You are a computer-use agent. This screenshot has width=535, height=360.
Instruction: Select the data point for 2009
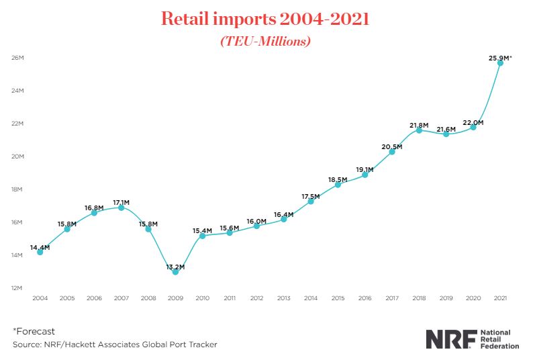click(x=175, y=272)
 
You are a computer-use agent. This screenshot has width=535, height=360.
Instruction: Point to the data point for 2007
click(x=121, y=208)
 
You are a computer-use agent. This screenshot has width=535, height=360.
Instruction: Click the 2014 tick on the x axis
click(x=311, y=297)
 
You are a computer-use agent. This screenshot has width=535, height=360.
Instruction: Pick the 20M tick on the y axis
click(x=17, y=156)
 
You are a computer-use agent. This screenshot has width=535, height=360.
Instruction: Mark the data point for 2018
click(x=419, y=130)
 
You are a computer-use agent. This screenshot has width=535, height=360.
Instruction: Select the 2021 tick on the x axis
click(x=500, y=297)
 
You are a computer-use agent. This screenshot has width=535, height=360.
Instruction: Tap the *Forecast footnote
click(x=34, y=331)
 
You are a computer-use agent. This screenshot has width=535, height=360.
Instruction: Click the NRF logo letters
click(x=450, y=339)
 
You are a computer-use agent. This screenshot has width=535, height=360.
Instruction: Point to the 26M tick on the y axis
click(x=17, y=58)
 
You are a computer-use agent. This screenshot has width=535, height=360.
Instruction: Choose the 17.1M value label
click(x=121, y=201)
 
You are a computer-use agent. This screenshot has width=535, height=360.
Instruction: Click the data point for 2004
click(x=40, y=253)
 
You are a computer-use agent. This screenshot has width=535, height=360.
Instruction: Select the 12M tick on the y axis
click(x=17, y=288)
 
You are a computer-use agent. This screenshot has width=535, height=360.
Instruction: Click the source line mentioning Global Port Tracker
click(x=114, y=345)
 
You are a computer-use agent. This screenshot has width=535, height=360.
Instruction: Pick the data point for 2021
click(x=500, y=63)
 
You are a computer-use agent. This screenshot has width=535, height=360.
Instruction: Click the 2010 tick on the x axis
click(x=202, y=297)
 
